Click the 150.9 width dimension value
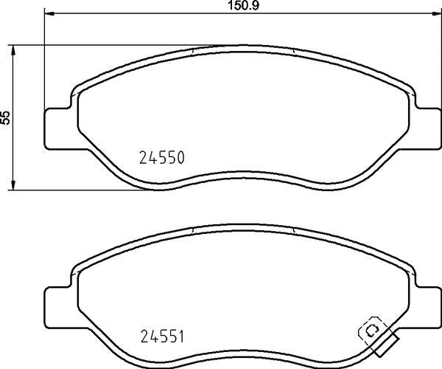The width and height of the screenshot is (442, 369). [243, 6]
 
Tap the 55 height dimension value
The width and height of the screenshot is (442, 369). [5, 117]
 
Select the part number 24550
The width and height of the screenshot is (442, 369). [162, 157]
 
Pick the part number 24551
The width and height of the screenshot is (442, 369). [162, 337]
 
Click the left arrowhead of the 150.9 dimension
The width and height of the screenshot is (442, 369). [49, 13]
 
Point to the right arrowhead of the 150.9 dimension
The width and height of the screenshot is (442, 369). [437, 13]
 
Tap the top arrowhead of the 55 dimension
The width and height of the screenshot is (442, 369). [13, 50]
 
